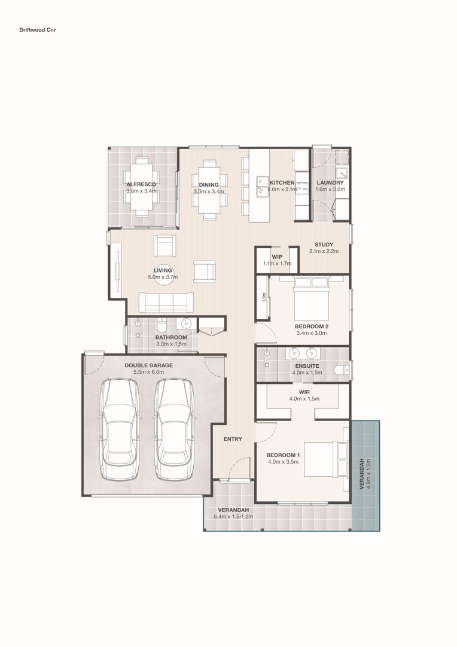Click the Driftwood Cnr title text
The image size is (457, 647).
(x=38, y=30)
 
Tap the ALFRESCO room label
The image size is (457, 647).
(x=141, y=185)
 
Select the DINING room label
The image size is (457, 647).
(x=209, y=185)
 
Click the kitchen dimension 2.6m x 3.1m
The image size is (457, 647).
(x=282, y=189)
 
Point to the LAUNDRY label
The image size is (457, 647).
(x=330, y=183)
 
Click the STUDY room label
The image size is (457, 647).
(x=324, y=244)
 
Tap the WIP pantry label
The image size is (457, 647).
(x=277, y=256)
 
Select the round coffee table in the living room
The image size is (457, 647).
(x=163, y=276)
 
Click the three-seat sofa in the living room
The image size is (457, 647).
(x=166, y=303)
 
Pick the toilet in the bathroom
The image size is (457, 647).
(x=161, y=325)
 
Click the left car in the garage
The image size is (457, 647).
(x=119, y=429)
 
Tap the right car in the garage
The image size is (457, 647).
(x=174, y=429)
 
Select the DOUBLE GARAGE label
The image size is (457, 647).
(x=149, y=365)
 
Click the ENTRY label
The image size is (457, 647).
(x=233, y=439)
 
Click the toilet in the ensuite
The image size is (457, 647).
(x=342, y=370)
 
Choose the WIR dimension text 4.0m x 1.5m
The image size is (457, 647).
(x=304, y=399)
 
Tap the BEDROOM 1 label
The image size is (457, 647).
(x=283, y=455)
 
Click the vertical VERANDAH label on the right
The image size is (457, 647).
(x=362, y=474)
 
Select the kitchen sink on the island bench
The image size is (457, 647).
(x=261, y=187)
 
